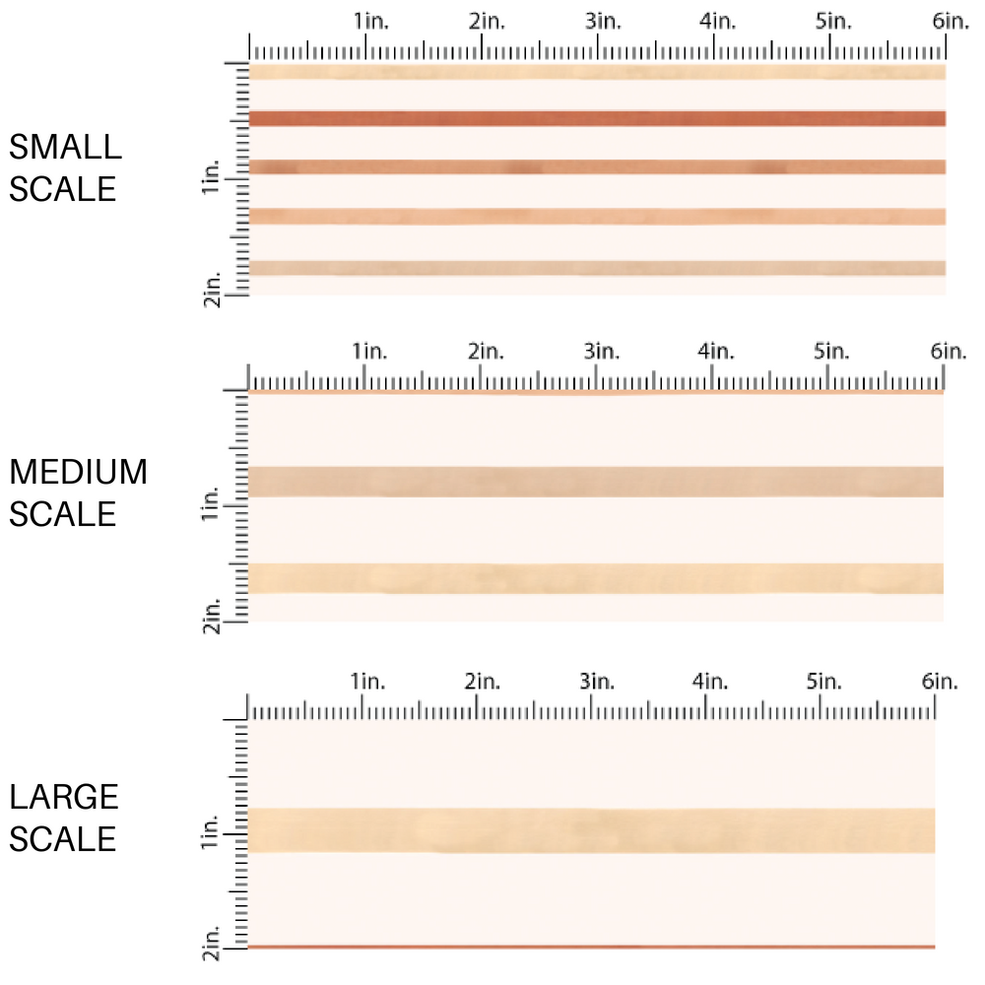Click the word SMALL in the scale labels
tap(65, 148)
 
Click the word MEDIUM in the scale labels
tap(78, 473)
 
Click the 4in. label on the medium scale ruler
tap(715, 352)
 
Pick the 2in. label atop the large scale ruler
tap(483, 682)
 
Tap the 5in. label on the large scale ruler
tap(824, 682)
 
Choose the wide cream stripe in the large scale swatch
tap(591, 830)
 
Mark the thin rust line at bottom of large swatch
tap(591, 947)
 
